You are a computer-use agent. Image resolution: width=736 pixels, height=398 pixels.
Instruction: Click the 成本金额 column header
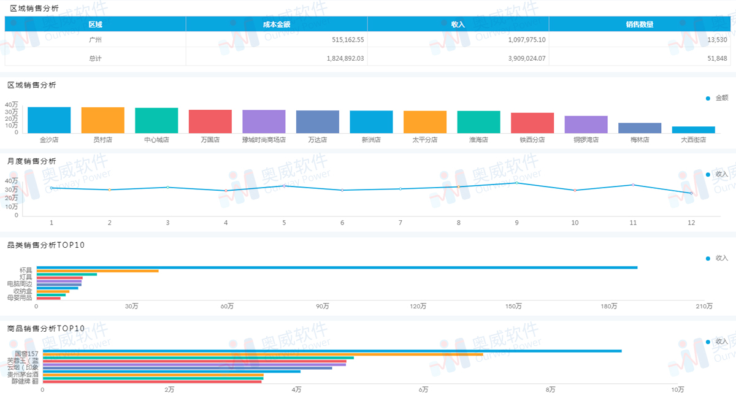pyautogui.click(x=276, y=25)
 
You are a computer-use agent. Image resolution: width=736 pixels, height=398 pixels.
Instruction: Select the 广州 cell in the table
pyautogui.click(x=95, y=40)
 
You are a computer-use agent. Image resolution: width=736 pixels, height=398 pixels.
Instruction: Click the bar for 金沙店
pyautogui.click(x=49, y=120)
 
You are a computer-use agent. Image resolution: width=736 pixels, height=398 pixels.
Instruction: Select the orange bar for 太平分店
pyautogui.click(x=425, y=122)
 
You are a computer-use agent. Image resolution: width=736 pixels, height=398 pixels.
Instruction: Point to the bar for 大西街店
pyautogui.click(x=693, y=129)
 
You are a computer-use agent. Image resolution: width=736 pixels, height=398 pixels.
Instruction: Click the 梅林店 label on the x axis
pyautogui.click(x=640, y=140)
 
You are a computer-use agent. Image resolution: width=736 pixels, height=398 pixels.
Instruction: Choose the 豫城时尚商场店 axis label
pyautogui.click(x=264, y=140)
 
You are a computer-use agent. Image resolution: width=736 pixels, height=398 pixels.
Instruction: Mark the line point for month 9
pyautogui.click(x=516, y=183)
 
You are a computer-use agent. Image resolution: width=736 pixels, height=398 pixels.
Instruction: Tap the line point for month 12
pyautogui.click(x=691, y=193)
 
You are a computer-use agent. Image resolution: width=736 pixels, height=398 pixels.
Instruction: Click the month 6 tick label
pyautogui.click(x=342, y=223)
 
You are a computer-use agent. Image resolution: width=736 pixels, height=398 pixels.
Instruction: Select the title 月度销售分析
pyautogui.click(x=31, y=161)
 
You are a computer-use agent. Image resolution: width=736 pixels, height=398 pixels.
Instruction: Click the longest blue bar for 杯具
pyautogui.click(x=337, y=267)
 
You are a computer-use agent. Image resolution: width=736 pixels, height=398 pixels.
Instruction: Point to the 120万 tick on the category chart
pyautogui.click(x=418, y=306)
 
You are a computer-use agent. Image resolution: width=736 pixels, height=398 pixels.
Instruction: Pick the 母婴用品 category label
pyautogui.click(x=19, y=298)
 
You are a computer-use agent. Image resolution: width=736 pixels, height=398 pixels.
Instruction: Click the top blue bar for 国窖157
pyautogui.click(x=332, y=351)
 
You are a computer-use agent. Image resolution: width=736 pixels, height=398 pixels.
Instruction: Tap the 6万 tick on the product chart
pyautogui.click(x=423, y=389)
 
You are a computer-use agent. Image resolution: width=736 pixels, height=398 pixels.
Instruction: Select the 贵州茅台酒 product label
pyautogui.click(x=23, y=373)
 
